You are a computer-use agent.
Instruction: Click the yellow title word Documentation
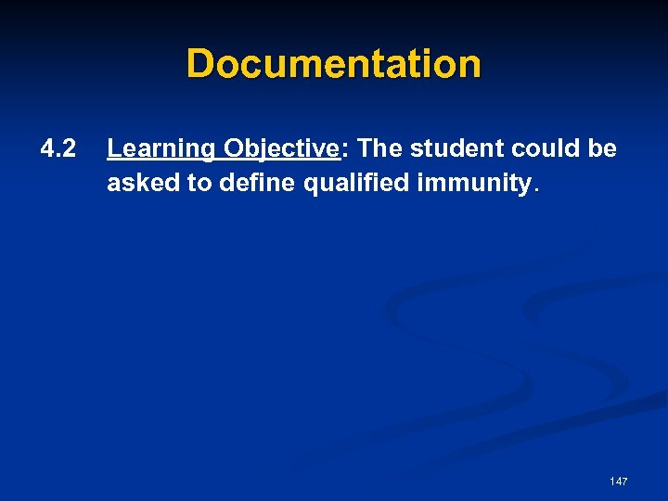click(334, 64)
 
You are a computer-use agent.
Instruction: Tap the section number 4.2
click(58, 148)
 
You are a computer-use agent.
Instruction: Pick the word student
click(451, 148)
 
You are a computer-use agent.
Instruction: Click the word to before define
click(199, 183)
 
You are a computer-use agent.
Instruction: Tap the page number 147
click(619, 482)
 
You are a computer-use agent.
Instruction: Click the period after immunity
click(533, 189)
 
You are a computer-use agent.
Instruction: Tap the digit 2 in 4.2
click(70, 148)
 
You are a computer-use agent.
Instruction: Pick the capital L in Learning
click(114, 148)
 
